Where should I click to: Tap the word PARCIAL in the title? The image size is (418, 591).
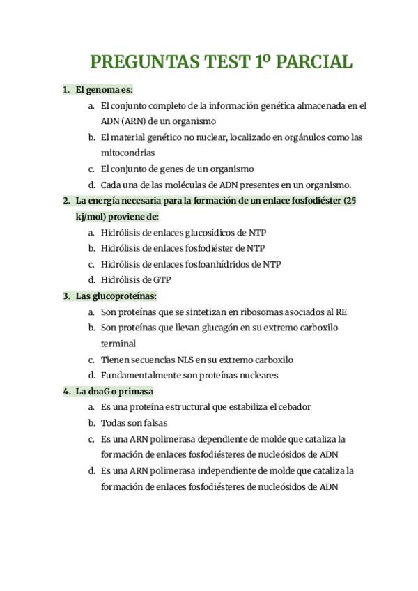pyautogui.click(x=314, y=63)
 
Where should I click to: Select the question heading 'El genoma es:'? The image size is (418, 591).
pyautogui.click(x=104, y=90)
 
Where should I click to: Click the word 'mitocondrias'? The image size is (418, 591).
pyautogui.click(x=127, y=153)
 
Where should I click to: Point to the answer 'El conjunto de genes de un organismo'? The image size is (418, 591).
pyautogui.click(x=177, y=169)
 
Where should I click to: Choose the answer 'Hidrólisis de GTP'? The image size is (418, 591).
pyautogui.click(x=136, y=279)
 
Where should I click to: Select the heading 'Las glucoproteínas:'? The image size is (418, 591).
pyautogui.click(x=116, y=295)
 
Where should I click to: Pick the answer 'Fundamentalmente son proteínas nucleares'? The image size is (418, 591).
pyautogui.click(x=189, y=375)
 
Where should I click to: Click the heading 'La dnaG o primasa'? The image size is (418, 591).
pyautogui.click(x=114, y=391)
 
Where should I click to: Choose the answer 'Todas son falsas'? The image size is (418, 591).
pyautogui.click(x=134, y=422)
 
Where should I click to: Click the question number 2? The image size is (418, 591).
pyautogui.click(x=65, y=201)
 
